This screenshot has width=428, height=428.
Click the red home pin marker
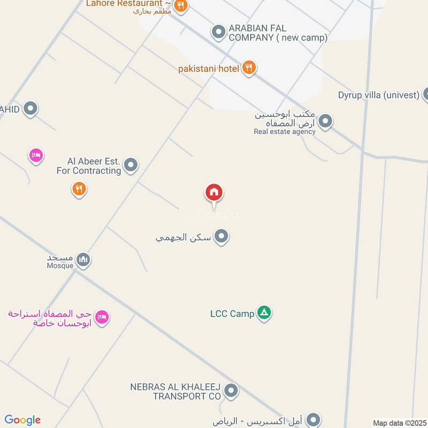(x=214, y=193)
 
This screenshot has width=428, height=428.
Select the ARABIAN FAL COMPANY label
(x=278, y=33)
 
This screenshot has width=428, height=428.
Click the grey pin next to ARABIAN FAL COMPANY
(x=218, y=32)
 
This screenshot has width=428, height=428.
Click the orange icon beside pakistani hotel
(x=248, y=68)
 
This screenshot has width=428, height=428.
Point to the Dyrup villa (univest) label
(x=378, y=95)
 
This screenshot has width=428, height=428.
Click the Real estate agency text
(x=285, y=132)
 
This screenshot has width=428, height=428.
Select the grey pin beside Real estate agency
(x=325, y=121)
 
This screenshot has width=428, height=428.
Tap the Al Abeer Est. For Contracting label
(x=89, y=166)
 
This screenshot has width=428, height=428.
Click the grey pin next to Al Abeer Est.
(x=131, y=165)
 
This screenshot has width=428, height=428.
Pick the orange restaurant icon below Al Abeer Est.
(x=79, y=188)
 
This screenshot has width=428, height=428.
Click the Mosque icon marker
(x=83, y=260)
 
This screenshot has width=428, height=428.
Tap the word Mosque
(x=59, y=266)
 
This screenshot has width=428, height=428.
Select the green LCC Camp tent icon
(x=263, y=313)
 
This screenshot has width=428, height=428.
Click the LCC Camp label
(x=232, y=314)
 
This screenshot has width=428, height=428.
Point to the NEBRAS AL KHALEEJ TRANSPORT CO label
(x=175, y=391)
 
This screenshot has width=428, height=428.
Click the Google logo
(x=22, y=420)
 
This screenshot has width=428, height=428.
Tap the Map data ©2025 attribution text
(x=399, y=423)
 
